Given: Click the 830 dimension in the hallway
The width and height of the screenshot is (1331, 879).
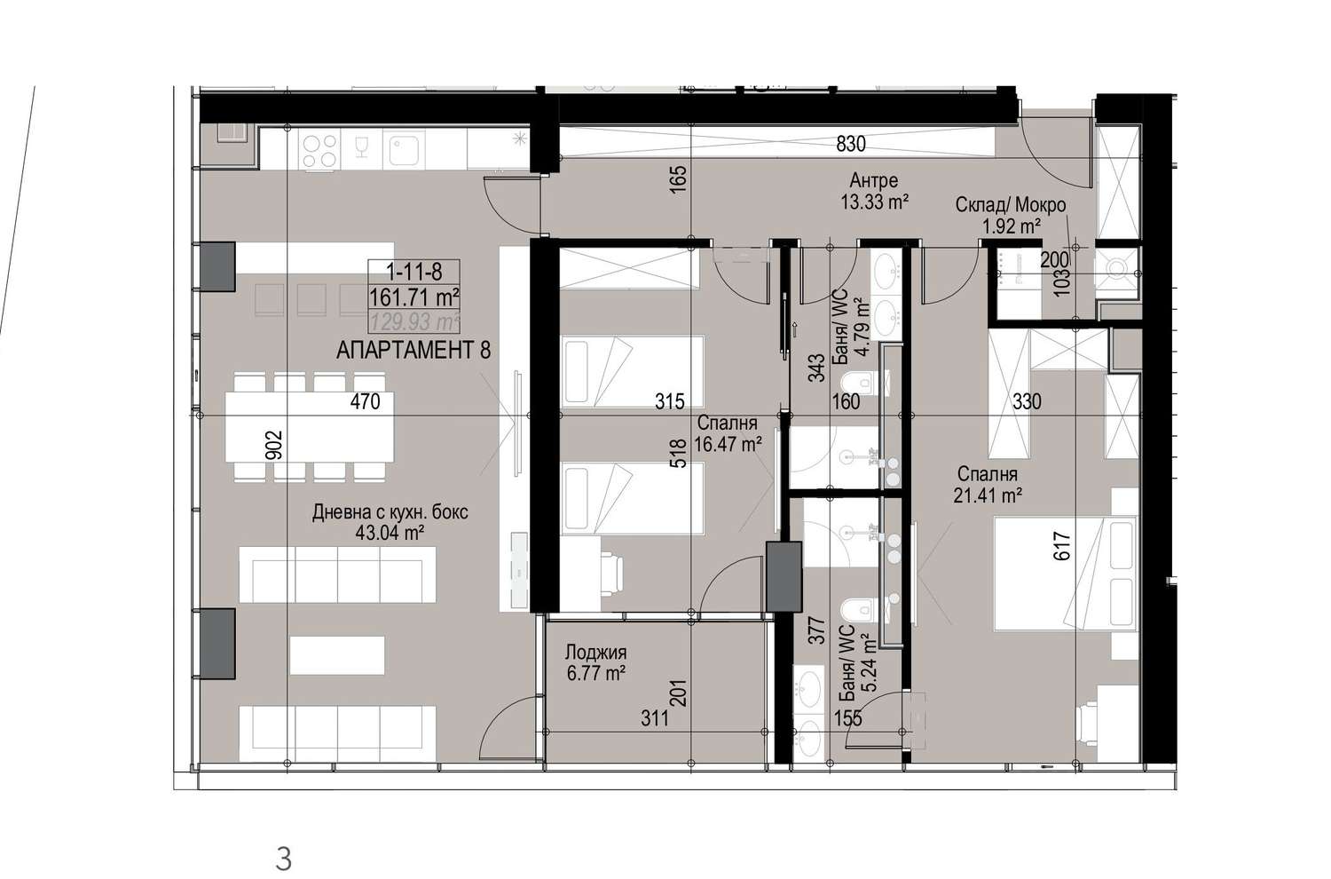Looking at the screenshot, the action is [x=851, y=144].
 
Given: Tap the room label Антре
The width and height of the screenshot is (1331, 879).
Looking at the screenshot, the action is [x=873, y=180].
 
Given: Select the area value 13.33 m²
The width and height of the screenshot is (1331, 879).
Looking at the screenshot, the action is [x=875, y=202].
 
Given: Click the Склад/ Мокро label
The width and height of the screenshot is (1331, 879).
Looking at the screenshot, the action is [x=1010, y=204].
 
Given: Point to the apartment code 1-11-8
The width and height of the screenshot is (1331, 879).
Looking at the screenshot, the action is [x=414, y=273].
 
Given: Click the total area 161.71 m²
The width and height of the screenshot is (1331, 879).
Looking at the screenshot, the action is [x=414, y=297].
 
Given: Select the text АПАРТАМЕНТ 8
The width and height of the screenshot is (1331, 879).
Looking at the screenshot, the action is [x=413, y=351].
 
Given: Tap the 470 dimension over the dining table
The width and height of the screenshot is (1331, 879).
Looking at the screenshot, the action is [x=365, y=402].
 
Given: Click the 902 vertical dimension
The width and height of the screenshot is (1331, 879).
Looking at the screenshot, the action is [x=275, y=445].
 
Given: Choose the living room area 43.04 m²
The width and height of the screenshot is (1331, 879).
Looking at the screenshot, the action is [x=390, y=533].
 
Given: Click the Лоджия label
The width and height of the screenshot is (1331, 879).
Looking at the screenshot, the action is [x=595, y=653].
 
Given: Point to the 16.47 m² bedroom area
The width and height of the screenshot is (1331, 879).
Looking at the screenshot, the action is [x=728, y=444].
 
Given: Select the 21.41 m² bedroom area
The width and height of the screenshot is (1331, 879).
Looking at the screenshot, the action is [x=988, y=495].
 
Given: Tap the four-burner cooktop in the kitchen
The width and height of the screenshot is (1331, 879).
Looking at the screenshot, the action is [x=320, y=150].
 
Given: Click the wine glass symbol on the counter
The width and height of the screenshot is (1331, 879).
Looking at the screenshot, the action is [x=361, y=147].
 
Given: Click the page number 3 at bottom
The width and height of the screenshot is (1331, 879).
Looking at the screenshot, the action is [x=284, y=859].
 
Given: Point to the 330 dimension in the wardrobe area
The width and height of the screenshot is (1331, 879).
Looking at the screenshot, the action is [x=1027, y=402].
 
